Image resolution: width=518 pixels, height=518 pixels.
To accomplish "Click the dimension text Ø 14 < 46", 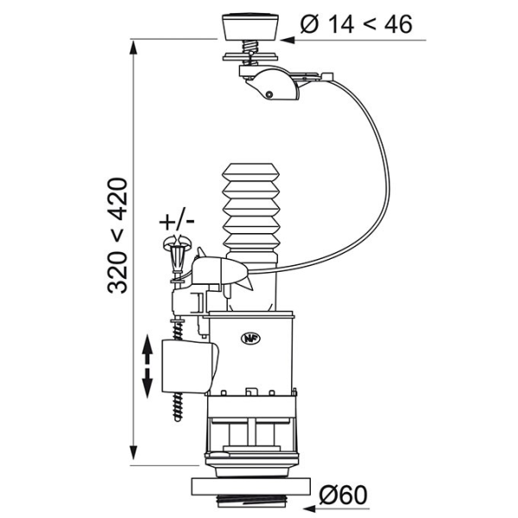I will pyautogui.click(x=356, y=24).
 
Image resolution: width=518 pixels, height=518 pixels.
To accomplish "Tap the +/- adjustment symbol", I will pyautogui.click(x=177, y=220).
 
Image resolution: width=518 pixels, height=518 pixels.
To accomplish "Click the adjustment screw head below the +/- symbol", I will pyautogui.click(x=176, y=251).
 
